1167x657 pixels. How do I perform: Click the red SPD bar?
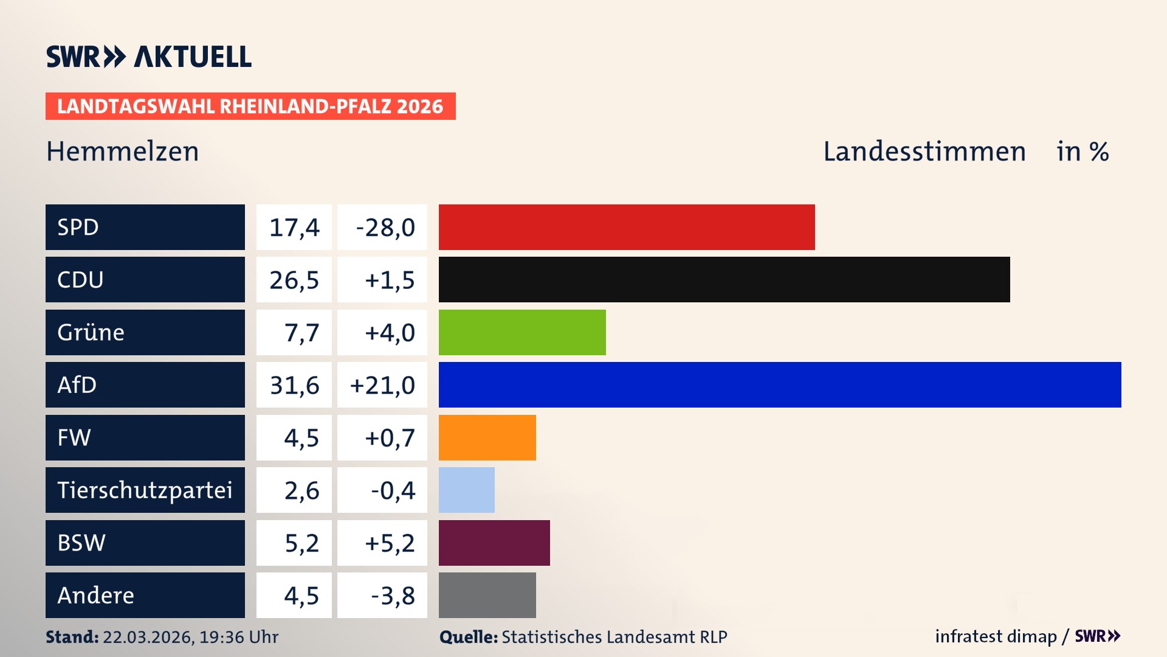coord(626,227)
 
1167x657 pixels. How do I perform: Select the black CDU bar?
coord(723,279)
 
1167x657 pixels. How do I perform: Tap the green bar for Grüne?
coord(522,332)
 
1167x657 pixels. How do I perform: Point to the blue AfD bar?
coord(779,384)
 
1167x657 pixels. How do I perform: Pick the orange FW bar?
coord(487,437)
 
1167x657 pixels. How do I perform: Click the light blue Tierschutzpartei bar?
coord(466,490)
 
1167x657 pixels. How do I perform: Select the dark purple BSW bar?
coord(494,543)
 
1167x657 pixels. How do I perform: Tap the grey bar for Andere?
coord(487,595)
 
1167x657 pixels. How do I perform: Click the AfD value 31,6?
coord(294,385)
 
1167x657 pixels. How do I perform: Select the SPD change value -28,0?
coord(385,228)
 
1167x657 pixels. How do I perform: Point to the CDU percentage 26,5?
coord(294,280)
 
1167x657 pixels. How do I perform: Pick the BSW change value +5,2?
coord(389,543)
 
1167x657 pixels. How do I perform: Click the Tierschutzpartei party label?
coord(145,490)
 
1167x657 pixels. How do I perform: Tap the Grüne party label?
coord(91,332)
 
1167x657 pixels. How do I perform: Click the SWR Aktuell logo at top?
coord(148,57)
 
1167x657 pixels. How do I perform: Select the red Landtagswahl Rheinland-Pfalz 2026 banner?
coord(250,106)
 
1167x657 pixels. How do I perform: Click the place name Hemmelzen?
coord(123,151)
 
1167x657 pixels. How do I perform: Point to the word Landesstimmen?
coord(924,151)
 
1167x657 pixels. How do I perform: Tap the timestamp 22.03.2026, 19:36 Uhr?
coord(190,637)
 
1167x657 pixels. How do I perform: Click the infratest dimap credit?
coord(995,636)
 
